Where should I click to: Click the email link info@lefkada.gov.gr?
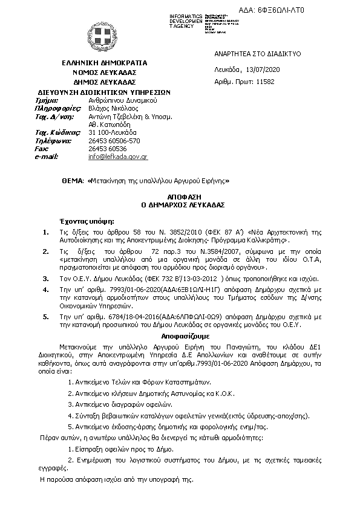[x=118, y=157]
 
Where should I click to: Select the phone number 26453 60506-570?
[x=114, y=140]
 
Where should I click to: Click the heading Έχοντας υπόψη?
[x=87, y=222]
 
